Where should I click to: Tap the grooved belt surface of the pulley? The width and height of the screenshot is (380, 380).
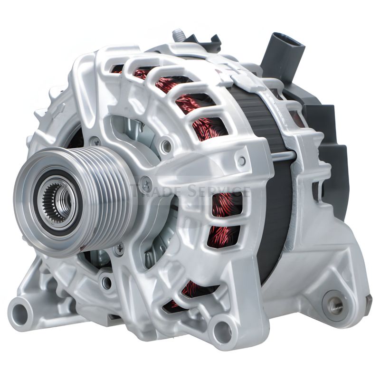[x=106, y=201]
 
